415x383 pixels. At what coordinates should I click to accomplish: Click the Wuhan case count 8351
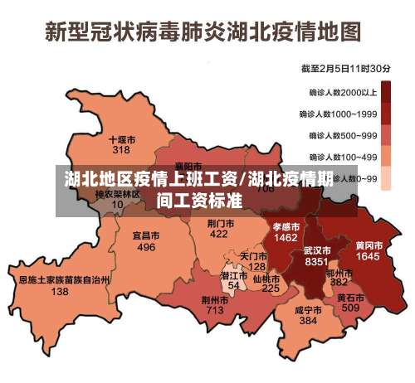click(317, 262)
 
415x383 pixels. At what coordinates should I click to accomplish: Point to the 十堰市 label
click(122, 139)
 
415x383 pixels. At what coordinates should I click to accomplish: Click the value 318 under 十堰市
click(121, 151)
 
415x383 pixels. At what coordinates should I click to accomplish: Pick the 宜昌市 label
click(146, 235)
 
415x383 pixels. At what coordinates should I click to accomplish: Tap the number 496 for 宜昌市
click(146, 247)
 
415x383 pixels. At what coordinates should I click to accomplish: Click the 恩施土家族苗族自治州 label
click(64, 280)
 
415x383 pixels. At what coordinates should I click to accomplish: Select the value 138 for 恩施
click(60, 292)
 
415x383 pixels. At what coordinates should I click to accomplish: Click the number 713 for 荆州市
click(215, 310)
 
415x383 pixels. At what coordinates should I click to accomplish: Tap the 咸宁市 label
click(308, 309)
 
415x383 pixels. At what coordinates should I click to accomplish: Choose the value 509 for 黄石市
click(350, 308)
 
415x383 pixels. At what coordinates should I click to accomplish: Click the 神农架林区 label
click(117, 194)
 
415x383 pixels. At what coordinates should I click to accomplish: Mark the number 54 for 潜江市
click(234, 285)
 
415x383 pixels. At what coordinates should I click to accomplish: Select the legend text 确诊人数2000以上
click(343, 92)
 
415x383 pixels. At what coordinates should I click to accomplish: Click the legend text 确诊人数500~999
click(343, 135)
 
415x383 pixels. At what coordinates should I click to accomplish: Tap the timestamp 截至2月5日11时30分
click(346, 68)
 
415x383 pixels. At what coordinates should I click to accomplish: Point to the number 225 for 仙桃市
click(271, 288)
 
